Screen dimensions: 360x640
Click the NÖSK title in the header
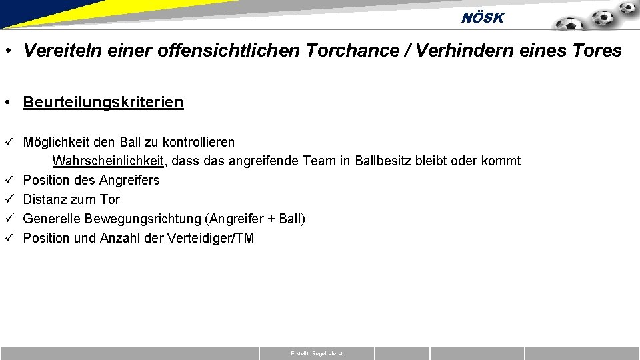[x=483, y=18]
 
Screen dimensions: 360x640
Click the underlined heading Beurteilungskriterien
[x=103, y=102]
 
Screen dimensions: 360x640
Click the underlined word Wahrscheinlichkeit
[x=108, y=161]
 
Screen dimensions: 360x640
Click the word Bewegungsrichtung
[x=141, y=219]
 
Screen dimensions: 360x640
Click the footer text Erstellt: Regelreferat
[x=317, y=353]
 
